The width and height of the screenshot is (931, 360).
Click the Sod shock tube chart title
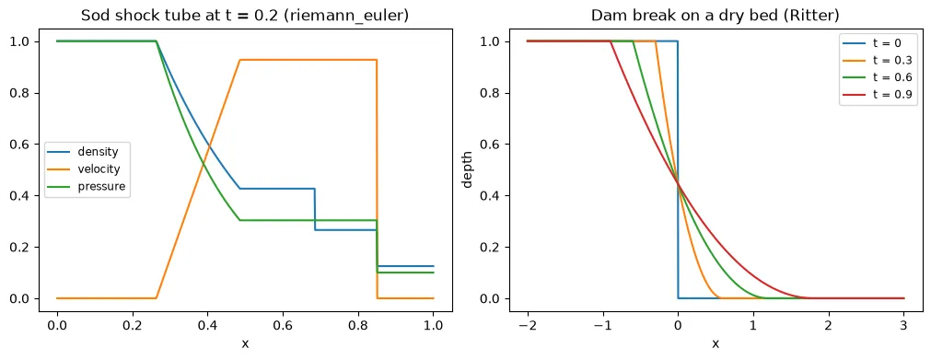tap(245, 16)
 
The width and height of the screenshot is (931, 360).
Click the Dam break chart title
tap(715, 16)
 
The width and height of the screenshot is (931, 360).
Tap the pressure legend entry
tap(87, 187)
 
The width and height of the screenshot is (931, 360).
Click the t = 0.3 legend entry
tap(875, 61)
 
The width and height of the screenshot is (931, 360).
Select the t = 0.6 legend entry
tap(875, 77)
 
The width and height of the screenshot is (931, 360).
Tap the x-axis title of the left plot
tap(245, 344)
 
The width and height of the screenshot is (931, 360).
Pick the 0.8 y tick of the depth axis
tap(493, 93)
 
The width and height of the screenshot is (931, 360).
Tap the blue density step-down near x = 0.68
tap(315, 209)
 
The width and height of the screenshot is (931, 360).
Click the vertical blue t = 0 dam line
tap(678, 169)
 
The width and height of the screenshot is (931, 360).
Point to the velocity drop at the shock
tap(377, 179)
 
